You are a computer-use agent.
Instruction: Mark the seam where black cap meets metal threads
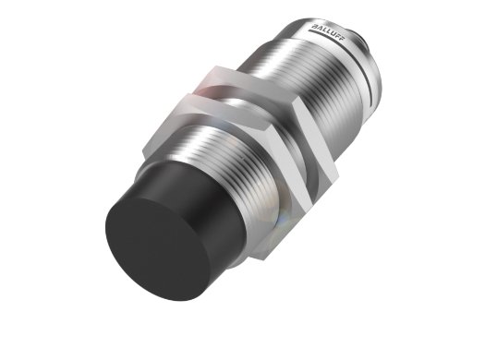pos(185,185)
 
